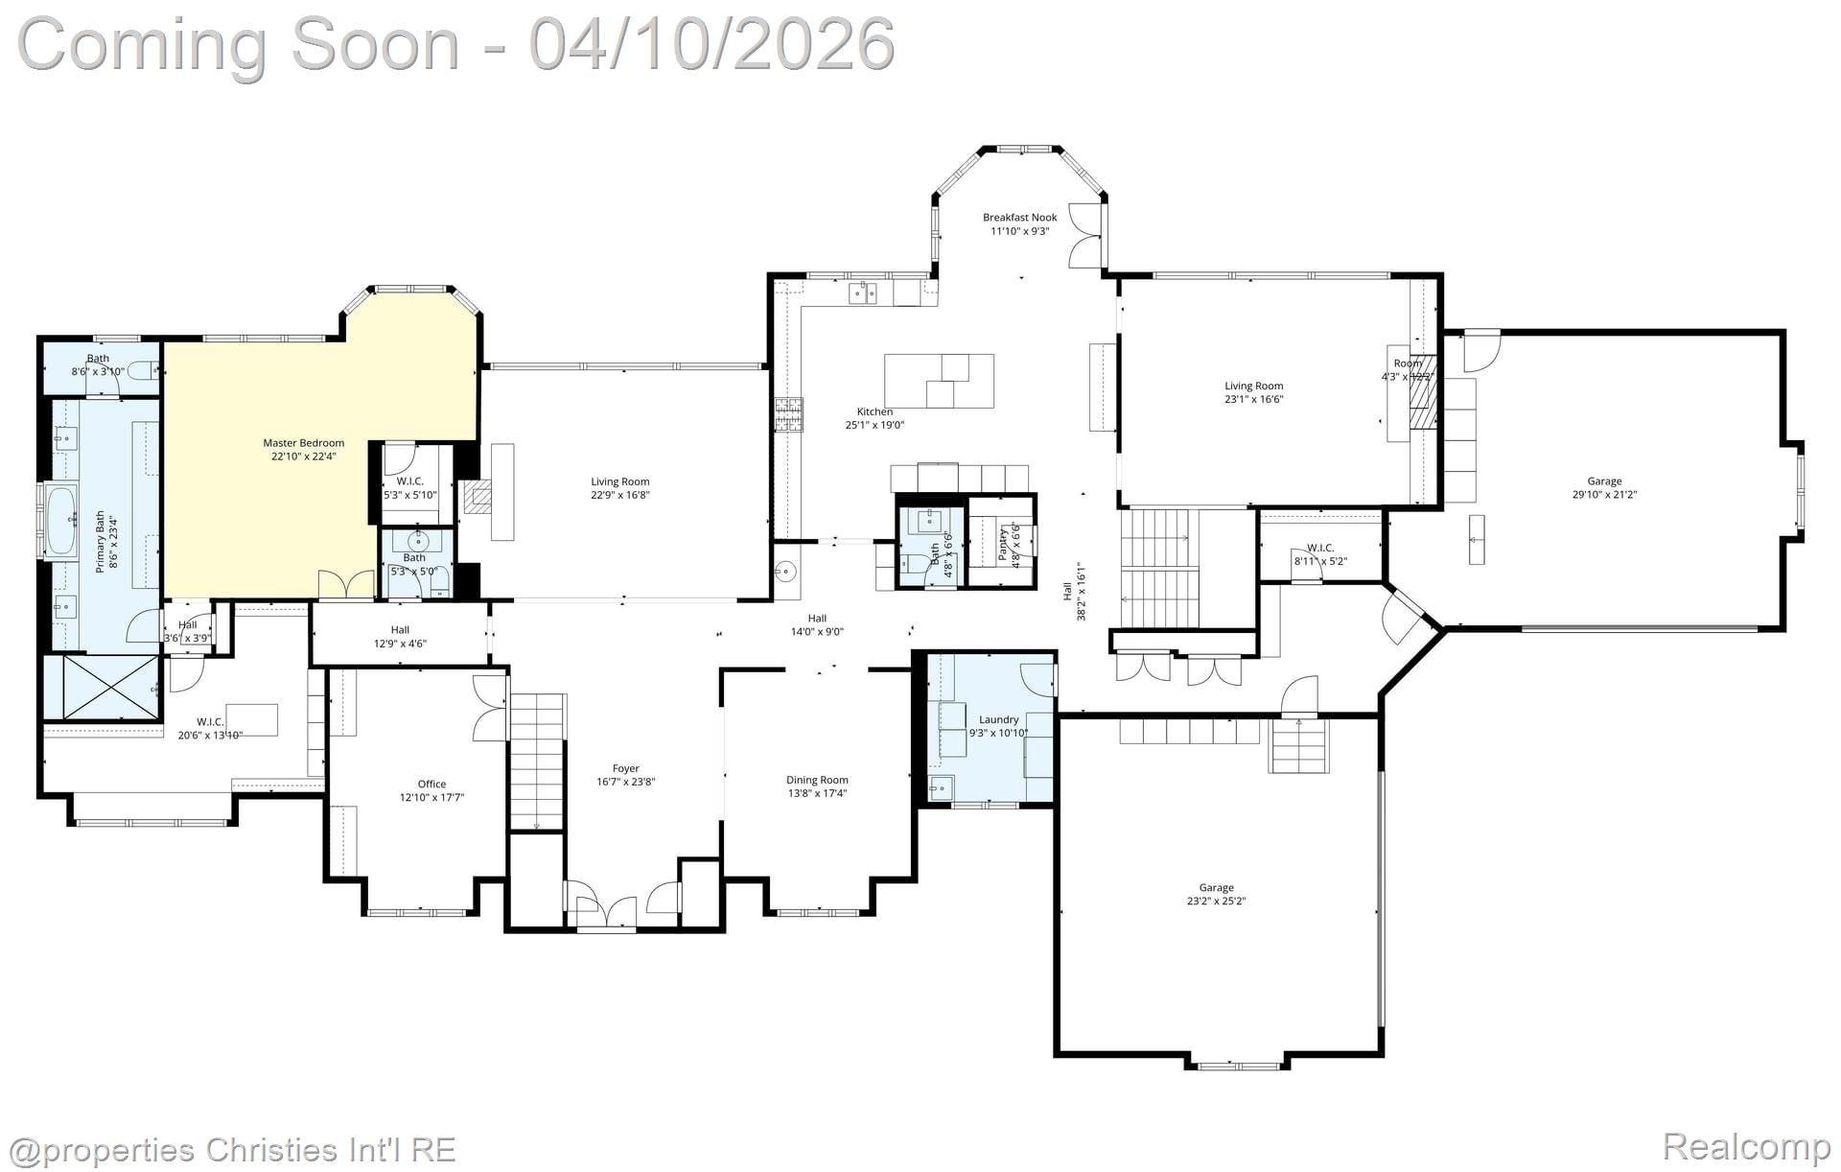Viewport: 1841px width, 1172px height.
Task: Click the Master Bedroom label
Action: tap(303, 443)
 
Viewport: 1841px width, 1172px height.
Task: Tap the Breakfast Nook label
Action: tap(1019, 218)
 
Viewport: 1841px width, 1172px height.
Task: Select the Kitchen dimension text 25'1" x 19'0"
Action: tap(874, 425)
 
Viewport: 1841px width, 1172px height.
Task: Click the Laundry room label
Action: tap(998, 719)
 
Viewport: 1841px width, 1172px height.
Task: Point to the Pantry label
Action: tap(1003, 543)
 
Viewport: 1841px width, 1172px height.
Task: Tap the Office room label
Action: tap(431, 784)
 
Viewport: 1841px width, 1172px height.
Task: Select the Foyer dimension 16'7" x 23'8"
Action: tap(625, 782)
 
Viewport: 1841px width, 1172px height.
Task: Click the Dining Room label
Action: tap(817, 780)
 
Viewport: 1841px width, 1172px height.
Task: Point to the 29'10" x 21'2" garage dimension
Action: tap(1603, 495)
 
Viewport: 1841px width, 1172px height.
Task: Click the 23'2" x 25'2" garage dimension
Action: tap(1216, 901)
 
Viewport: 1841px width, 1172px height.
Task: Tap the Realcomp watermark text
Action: tap(1745, 1146)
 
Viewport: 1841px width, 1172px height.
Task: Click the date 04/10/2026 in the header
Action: tap(711, 44)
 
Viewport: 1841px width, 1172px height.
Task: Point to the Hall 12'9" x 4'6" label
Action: tap(400, 637)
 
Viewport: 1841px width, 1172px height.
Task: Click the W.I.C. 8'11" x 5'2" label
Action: tap(1319, 554)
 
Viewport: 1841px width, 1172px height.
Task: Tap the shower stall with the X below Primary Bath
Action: tap(101, 687)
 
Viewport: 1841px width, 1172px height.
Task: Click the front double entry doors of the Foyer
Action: tap(606, 912)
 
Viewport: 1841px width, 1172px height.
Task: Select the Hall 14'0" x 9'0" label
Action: tap(816, 625)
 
